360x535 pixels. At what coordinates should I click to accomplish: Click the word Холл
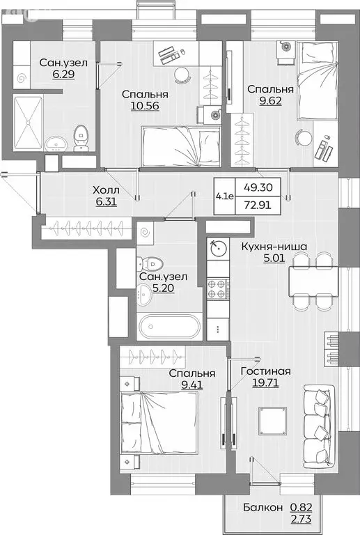(107, 189)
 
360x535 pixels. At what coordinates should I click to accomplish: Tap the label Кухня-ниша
(274, 245)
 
